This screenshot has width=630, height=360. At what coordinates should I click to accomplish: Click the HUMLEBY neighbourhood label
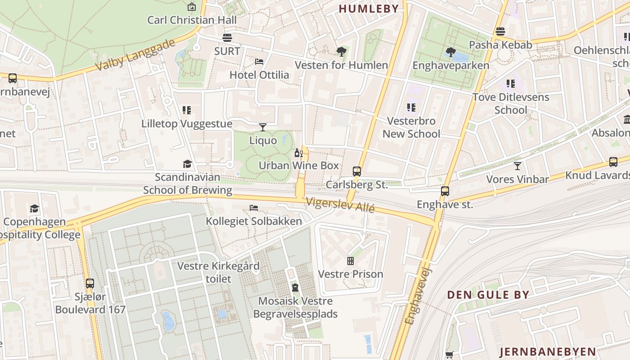tap(369, 9)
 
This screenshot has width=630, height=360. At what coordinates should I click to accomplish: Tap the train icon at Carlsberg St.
tap(357, 171)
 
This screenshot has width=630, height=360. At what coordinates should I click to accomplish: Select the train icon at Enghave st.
tap(445, 191)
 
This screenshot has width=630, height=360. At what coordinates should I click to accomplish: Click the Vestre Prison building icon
tap(351, 261)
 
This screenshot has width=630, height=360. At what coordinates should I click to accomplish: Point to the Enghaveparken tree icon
tap(450, 52)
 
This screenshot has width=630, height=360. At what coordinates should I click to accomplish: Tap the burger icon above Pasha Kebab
tap(500, 31)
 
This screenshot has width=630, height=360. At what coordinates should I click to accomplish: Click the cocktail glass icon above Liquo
tap(263, 127)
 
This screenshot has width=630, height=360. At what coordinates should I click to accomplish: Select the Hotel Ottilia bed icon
tap(259, 61)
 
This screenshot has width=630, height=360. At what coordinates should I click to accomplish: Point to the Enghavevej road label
tap(418, 296)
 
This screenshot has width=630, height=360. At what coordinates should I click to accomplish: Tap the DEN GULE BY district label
tap(488, 295)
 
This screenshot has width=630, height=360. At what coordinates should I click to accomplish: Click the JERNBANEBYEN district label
tap(548, 351)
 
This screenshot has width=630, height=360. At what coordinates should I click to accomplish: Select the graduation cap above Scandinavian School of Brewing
tap(187, 164)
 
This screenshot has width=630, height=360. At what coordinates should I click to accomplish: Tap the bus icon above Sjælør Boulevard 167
tap(90, 283)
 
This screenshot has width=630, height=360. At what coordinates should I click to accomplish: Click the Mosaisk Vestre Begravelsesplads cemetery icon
tap(295, 287)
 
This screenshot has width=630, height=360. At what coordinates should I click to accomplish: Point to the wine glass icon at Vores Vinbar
tap(517, 166)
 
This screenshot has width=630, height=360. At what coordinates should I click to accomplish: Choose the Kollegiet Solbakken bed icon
tap(254, 208)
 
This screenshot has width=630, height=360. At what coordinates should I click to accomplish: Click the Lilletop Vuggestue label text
tap(187, 124)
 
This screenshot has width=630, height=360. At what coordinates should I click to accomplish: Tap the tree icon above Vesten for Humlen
tap(341, 52)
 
